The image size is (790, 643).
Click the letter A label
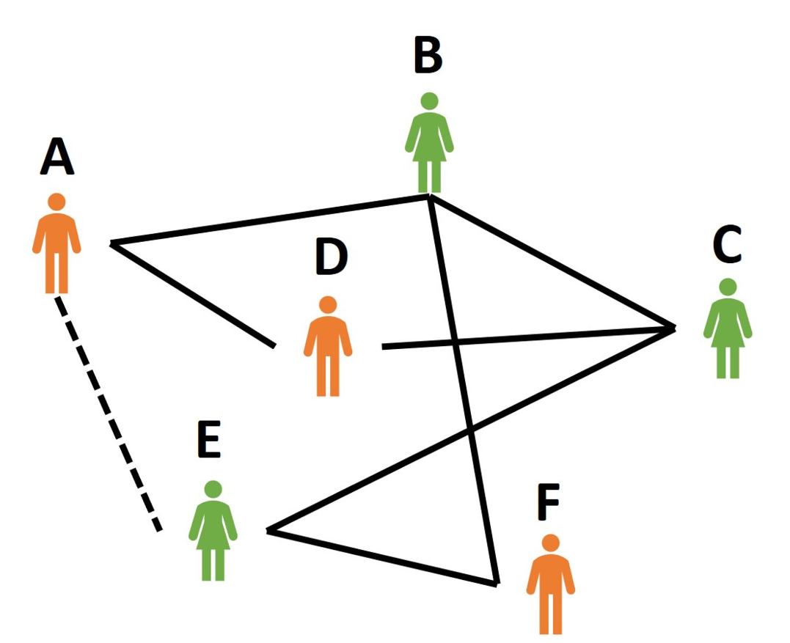pos(57,157)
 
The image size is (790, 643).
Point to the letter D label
pos(331,257)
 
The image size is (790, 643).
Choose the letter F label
pos(549,501)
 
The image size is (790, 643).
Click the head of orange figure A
pos(56,202)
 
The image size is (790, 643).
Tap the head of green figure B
pos(429,100)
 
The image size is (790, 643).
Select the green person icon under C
pos(728,328)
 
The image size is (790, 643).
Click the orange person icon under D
pos(328,346)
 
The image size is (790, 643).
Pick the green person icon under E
pos(213,531)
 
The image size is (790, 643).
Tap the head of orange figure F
pos(551,543)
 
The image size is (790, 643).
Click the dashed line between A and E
pos(108,414)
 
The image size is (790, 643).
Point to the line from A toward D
pos(192,295)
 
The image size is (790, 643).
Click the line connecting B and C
pos(552,262)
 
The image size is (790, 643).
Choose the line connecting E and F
pos(382,557)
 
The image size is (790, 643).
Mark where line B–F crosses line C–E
pos(470,430)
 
